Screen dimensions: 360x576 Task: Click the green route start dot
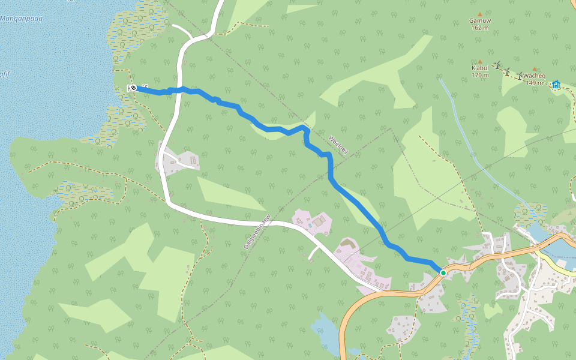(x=443, y=273)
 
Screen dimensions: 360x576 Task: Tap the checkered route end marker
(x=133, y=88)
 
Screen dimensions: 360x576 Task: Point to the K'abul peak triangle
(x=479, y=61)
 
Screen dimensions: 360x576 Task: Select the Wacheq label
(x=533, y=76)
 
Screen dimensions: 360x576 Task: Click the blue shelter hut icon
(x=556, y=85)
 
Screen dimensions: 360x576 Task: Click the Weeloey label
(x=338, y=145)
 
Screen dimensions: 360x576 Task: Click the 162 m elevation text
(x=480, y=28)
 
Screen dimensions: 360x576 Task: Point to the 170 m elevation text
(x=480, y=76)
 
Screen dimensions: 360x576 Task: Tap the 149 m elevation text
(x=534, y=83)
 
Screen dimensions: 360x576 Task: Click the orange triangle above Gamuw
(x=480, y=13)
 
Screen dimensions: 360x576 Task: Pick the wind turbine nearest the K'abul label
(x=497, y=65)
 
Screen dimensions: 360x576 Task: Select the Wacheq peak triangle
(x=534, y=69)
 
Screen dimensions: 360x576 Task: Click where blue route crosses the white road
(x=179, y=90)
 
